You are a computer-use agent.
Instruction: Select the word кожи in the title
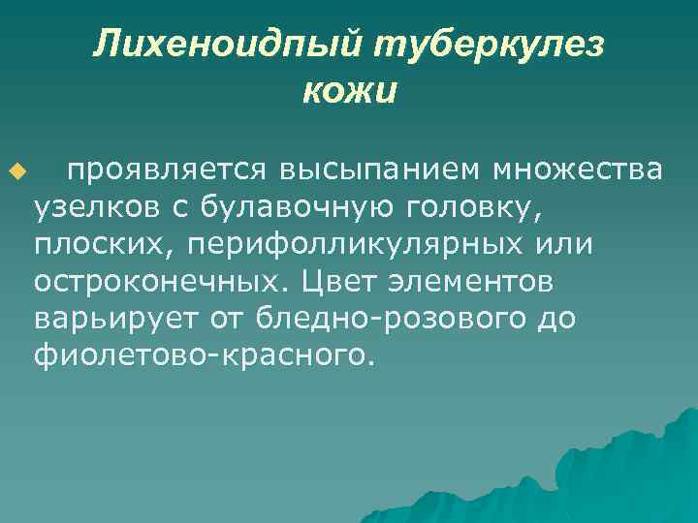click(349, 92)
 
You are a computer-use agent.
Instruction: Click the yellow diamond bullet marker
click(16, 171)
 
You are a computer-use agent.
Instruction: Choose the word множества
click(579, 170)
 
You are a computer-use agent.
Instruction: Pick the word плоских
click(92, 244)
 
